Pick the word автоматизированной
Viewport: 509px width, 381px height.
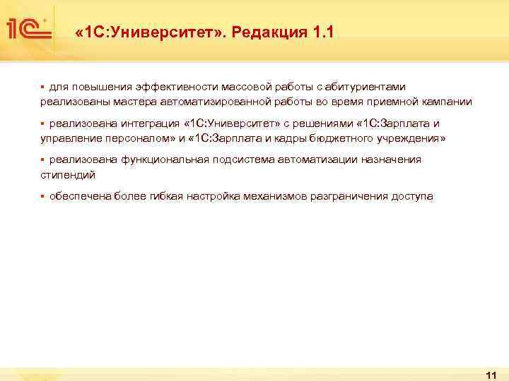(214, 102)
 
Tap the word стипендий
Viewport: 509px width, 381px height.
(68, 174)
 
